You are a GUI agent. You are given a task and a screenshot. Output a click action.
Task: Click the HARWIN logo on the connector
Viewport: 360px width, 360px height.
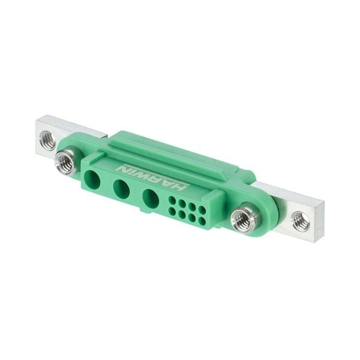pyautogui.click(x=152, y=177)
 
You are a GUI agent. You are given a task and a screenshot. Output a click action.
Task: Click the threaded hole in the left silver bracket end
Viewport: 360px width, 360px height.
pyautogui.click(x=47, y=141)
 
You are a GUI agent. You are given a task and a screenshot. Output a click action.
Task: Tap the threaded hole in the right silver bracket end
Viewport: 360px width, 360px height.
pyautogui.click(x=301, y=221)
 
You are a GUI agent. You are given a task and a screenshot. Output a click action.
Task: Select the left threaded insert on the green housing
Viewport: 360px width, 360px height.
pyautogui.click(x=65, y=162)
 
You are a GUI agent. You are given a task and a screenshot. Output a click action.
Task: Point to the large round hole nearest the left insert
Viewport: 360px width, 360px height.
pyautogui.click(x=93, y=179)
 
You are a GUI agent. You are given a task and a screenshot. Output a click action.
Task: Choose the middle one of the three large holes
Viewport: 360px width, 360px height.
pyautogui.click(x=121, y=188)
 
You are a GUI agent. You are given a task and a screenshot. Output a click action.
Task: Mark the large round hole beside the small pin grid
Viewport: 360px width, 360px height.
pyautogui.click(x=151, y=198)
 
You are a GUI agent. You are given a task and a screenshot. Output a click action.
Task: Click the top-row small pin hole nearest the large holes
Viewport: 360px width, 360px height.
pyautogui.click(x=173, y=200)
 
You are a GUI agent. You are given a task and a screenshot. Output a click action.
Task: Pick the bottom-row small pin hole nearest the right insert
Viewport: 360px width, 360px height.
pyautogui.click(x=202, y=221)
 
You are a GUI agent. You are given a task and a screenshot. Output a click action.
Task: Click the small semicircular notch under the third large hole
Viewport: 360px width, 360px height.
pyautogui.click(x=144, y=211)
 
